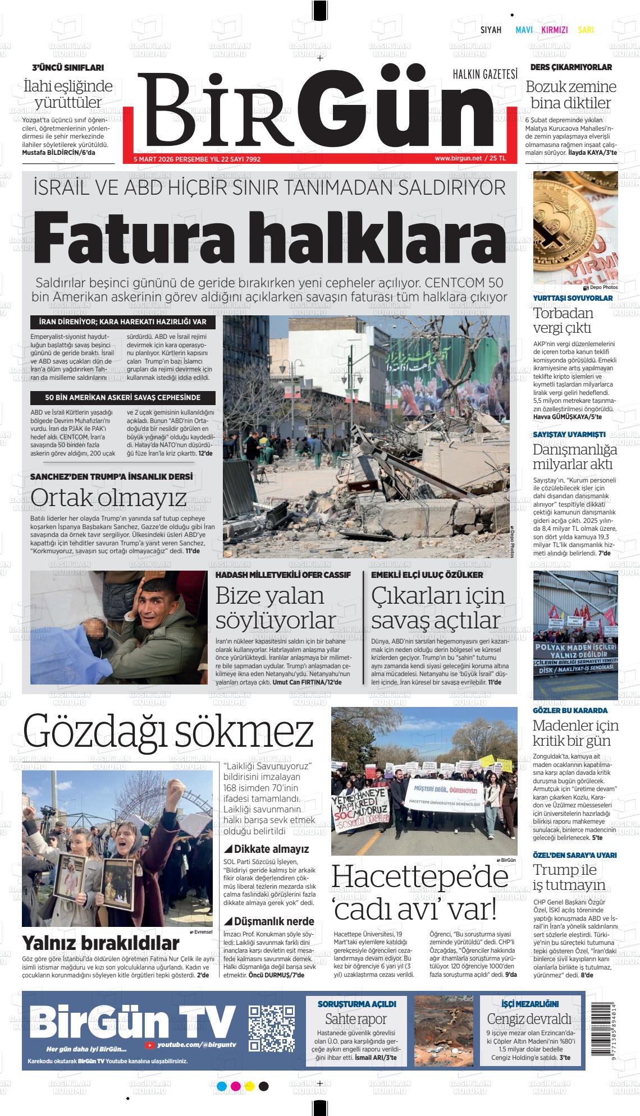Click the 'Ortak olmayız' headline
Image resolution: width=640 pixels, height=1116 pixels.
point(108,497)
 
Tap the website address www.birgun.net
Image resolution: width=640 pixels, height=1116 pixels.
point(458,158)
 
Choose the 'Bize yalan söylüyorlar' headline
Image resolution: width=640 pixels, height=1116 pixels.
point(276,608)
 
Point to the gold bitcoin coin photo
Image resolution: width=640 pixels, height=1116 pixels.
point(575,227)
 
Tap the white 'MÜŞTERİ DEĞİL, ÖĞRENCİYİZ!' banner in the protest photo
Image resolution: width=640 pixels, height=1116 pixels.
point(444,795)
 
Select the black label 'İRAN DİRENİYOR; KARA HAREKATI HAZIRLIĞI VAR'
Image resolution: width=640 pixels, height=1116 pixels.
point(122,322)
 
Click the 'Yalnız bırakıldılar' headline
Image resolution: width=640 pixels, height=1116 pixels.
point(100,943)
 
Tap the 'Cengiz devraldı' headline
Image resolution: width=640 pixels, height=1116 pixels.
point(529,1019)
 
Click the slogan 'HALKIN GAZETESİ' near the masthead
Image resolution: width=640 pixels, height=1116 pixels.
point(484,74)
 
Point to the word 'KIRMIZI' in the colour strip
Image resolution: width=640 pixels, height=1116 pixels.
point(554,30)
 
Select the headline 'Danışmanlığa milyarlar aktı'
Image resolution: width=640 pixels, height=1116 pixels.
point(574,457)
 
